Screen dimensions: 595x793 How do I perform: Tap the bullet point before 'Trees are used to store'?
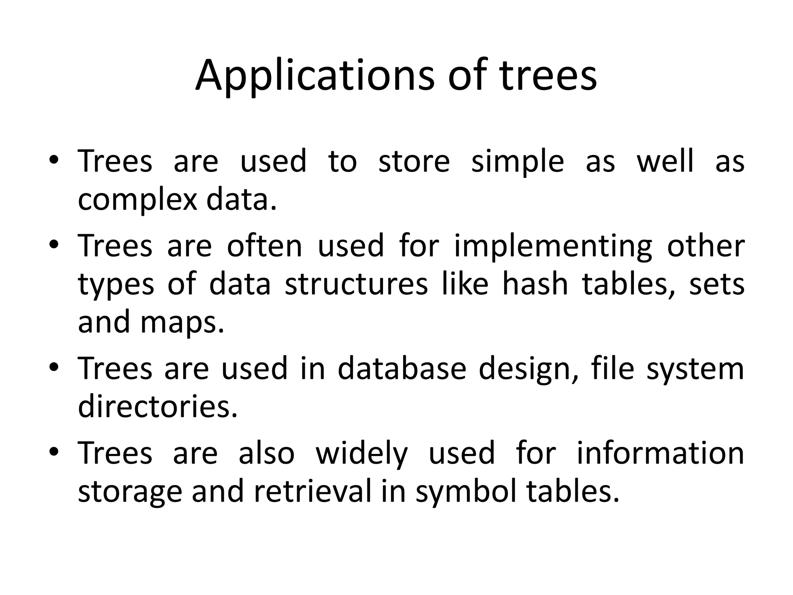pos(54,160)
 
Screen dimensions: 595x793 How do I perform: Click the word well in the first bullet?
pos(665,161)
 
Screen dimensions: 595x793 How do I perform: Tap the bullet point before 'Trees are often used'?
pos(54,244)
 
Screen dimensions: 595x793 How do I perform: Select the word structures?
pos(356,284)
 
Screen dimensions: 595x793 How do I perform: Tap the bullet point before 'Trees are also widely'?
pos(54,452)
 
